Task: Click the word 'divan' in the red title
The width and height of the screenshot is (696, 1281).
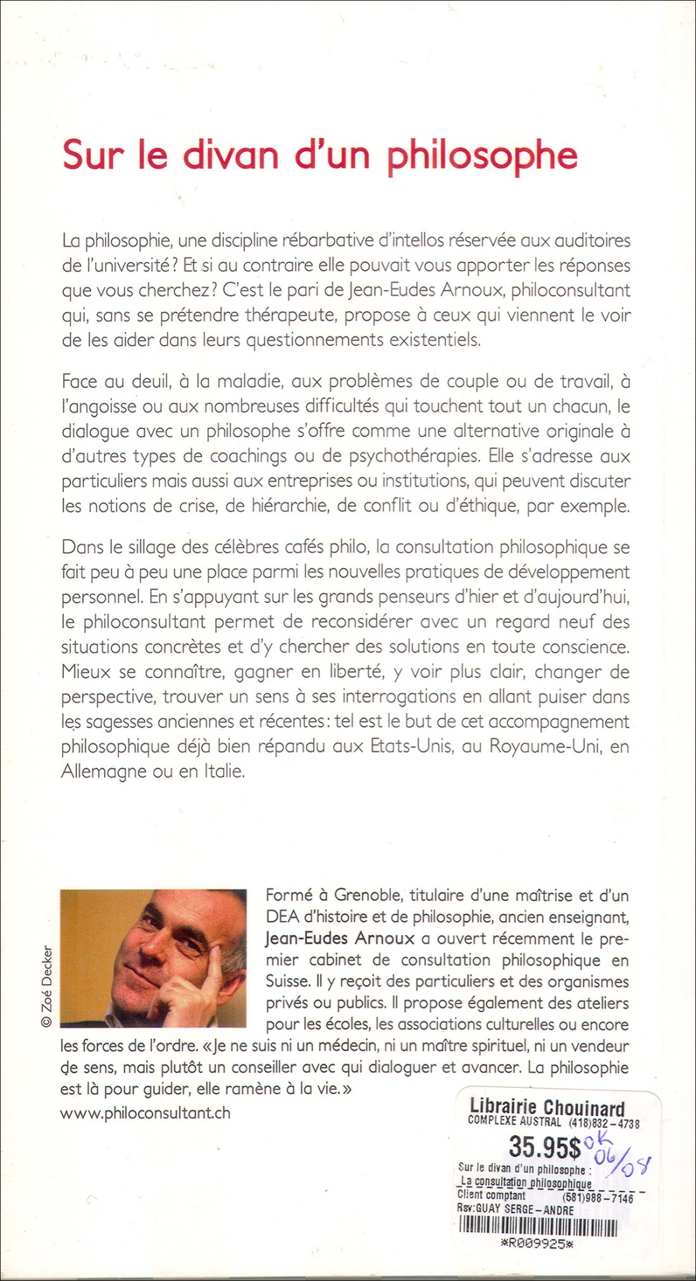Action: click(x=230, y=156)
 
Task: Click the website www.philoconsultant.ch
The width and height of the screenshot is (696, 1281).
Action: click(x=146, y=1113)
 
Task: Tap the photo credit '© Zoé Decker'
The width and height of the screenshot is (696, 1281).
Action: click(x=47, y=986)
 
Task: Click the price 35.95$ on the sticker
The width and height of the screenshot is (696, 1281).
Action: click(x=545, y=1146)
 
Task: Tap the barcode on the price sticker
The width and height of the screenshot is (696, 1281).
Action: click(x=538, y=1228)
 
